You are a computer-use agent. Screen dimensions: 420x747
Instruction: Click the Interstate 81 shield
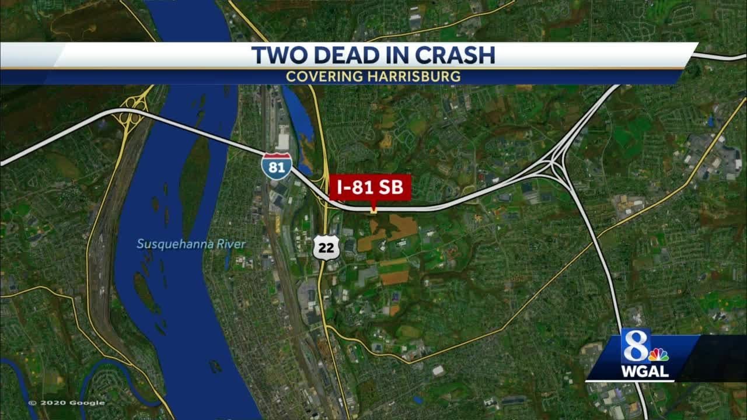(277, 164)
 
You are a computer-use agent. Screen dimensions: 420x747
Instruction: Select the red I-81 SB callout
(370, 188)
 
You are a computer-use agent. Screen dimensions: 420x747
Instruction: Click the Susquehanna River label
(191, 244)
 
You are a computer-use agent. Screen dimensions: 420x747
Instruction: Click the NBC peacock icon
(659, 355)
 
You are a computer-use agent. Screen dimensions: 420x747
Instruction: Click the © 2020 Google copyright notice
(67, 402)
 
